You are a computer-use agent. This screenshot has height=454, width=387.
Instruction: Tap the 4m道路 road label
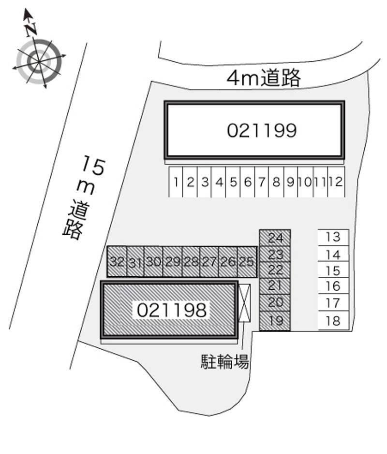coord(264,77)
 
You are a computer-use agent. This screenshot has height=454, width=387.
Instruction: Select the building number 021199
coord(261,130)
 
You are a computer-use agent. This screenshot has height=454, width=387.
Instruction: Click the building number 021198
coord(172,310)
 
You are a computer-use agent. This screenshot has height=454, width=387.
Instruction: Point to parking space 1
coord(177,182)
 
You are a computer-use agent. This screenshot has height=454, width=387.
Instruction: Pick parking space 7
coord(262,182)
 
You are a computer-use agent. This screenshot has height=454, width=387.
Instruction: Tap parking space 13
coord(333,237)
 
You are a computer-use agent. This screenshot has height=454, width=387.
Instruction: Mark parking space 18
coord(333,321)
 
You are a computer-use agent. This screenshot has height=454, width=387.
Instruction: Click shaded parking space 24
coord(275,238)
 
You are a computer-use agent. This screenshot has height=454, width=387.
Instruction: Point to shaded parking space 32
coord(117,262)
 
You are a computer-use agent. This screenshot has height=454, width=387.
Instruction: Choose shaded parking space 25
coord(247,262)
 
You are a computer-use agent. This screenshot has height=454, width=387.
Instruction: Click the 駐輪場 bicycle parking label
coord(225,362)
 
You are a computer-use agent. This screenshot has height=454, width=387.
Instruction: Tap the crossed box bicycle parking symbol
coord(245,303)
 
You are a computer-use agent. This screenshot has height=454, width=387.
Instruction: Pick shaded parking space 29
coord(172,262)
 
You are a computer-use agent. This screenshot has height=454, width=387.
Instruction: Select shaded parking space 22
coord(275,270)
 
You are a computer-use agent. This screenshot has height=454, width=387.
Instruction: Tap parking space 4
coord(219,182)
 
